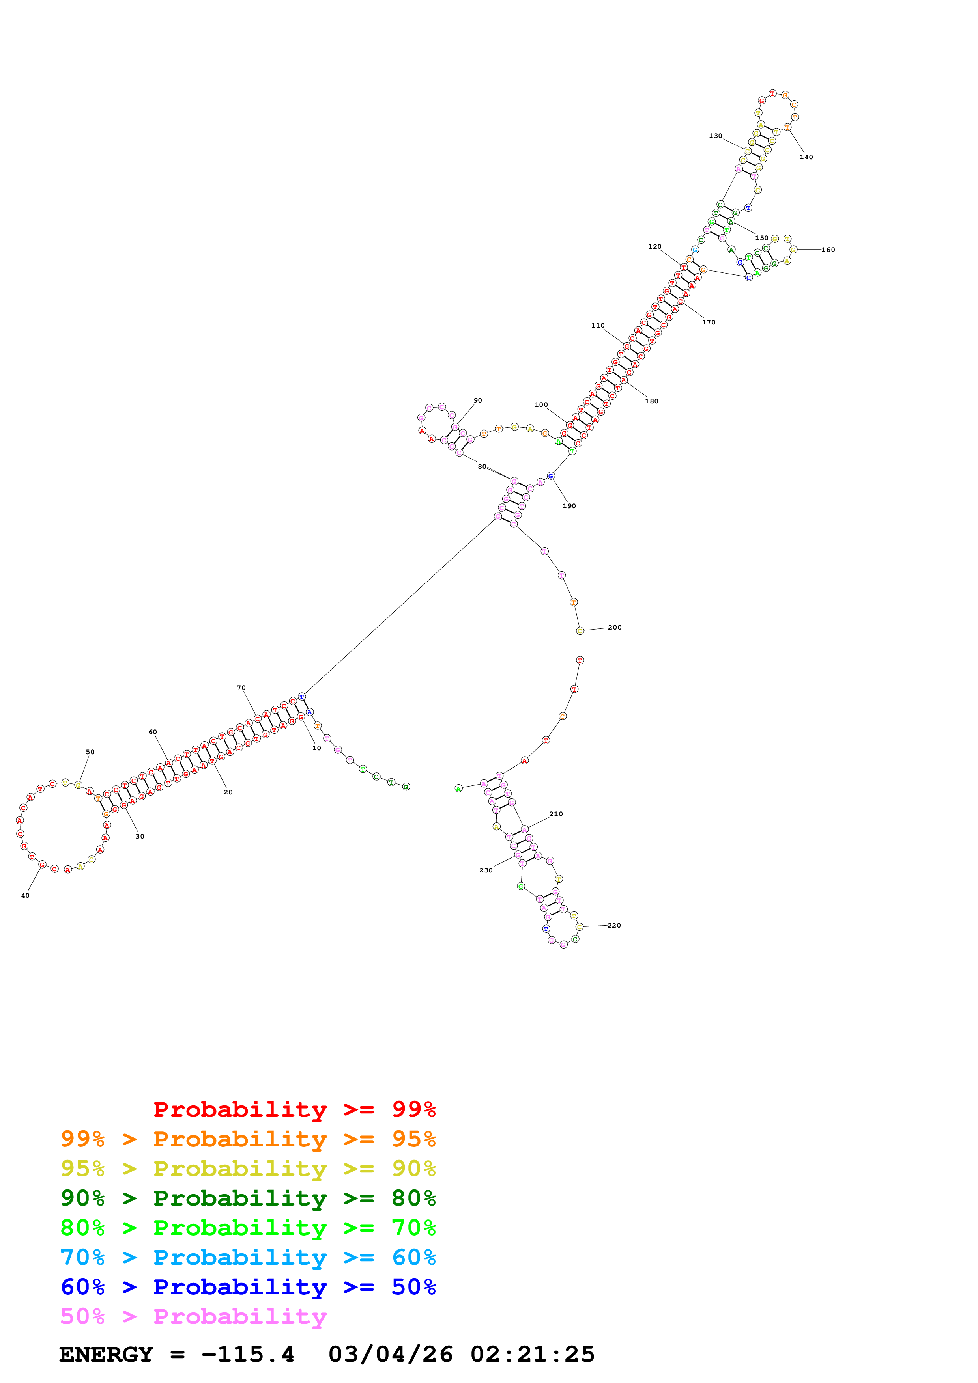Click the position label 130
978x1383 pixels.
click(715, 136)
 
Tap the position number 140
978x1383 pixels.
click(806, 157)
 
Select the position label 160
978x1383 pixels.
click(828, 250)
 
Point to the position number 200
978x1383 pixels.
click(615, 628)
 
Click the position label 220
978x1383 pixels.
click(614, 926)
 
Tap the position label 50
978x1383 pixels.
click(90, 752)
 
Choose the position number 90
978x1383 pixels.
click(478, 401)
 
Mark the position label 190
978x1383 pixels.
click(569, 506)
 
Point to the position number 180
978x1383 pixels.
click(651, 401)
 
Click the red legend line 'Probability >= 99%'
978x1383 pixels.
click(294, 1109)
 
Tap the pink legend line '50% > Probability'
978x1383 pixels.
click(193, 1317)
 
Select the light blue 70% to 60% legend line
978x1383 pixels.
click(248, 1258)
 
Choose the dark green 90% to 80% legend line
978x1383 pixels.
click(248, 1198)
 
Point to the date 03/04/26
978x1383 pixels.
click(391, 1355)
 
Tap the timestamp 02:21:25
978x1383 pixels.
click(533, 1355)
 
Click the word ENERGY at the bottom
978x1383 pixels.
click(106, 1355)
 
